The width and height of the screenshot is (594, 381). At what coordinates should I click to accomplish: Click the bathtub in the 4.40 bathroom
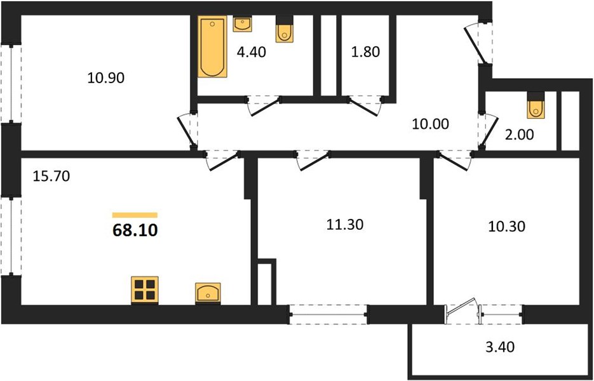[x=212, y=46]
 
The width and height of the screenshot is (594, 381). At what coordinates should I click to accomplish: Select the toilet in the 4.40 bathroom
[x=284, y=29]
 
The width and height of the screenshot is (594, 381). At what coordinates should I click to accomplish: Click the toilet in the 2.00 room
[x=536, y=105]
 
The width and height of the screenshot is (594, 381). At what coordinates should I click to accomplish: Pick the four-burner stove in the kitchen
[x=145, y=290]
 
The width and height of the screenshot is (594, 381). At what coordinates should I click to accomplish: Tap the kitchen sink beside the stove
[x=208, y=293]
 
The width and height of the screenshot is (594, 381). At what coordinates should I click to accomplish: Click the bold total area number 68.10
[x=135, y=231]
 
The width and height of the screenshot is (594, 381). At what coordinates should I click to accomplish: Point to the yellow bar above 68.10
[x=135, y=215]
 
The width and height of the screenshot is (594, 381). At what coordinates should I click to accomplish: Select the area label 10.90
[x=105, y=78]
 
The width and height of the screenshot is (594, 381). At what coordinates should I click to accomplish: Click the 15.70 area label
[x=51, y=176]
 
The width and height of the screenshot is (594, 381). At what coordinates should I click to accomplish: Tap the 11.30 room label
[x=345, y=225]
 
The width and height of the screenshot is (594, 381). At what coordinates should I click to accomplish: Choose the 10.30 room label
[x=506, y=227]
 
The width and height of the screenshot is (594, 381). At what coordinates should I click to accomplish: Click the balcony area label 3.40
[x=501, y=347]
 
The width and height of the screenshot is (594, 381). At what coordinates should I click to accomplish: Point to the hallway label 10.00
[x=430, y=124]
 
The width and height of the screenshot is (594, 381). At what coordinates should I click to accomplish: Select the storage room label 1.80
[x=365, y=52]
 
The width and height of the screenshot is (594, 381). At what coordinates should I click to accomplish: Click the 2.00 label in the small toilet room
[x=520, y=135]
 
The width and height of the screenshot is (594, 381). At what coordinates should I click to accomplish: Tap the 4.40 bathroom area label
[x=251, y=52]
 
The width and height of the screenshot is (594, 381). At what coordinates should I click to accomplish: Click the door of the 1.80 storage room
[x=365, y=107]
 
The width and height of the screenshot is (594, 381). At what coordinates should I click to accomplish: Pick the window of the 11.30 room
[x=328, y=314]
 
